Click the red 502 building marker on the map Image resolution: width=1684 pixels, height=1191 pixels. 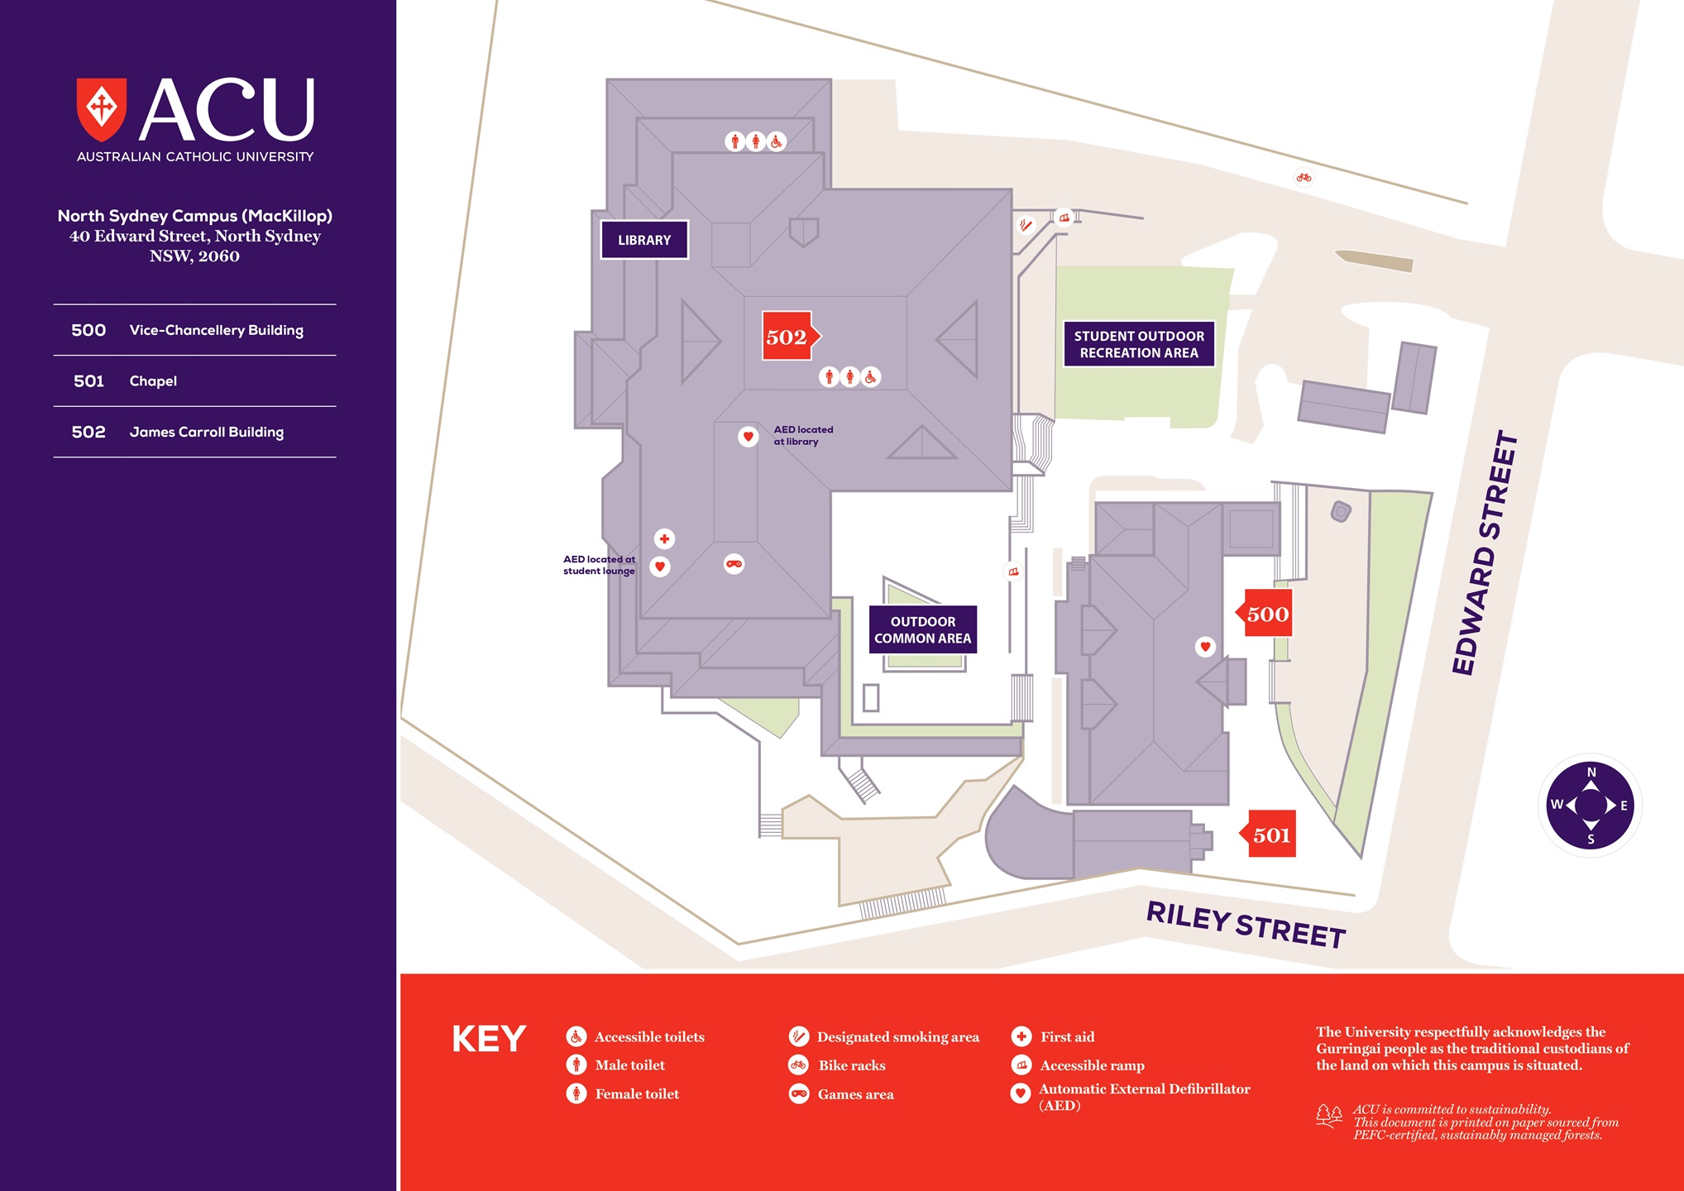coord(787,336)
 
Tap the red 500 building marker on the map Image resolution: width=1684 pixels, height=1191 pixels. coord(1266,614)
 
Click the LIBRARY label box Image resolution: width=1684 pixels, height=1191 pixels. coord(644,240)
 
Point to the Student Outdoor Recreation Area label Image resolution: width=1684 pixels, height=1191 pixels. coord(1139,344)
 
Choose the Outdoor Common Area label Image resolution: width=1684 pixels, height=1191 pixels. coord(922,629)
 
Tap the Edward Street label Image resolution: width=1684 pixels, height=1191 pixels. coord(1485,552)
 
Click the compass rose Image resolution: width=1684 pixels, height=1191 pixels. coord(1590,805)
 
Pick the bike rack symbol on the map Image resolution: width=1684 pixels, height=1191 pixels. coord(1304,177)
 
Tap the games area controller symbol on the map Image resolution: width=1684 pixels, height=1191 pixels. coord(734,564)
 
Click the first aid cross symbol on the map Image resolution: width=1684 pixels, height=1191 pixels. coord(664,538)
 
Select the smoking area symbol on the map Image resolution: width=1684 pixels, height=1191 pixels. coord(1026,224)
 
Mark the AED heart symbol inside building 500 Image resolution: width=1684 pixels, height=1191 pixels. coord(1205,646)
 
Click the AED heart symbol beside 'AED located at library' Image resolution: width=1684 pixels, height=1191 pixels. coord(748,436)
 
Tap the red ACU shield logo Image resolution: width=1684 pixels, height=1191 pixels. coord(102,108)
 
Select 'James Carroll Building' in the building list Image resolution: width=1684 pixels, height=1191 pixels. coord(206,432)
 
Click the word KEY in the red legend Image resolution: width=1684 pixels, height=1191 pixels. coord(489,1039)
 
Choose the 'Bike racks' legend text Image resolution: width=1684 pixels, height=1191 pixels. coord(851,1065)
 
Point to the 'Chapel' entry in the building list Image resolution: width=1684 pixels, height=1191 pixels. coord(153,380)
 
